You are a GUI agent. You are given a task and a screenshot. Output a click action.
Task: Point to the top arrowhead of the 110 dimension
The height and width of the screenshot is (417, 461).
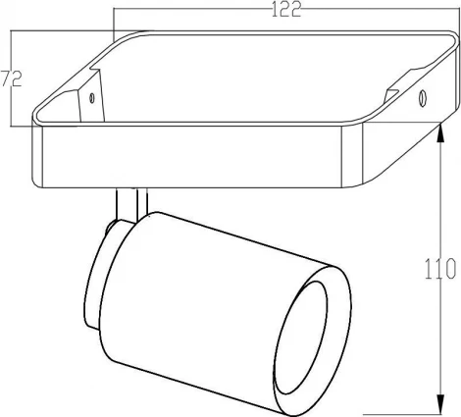436,138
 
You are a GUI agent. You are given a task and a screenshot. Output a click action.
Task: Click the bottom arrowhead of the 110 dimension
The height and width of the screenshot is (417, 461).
436,404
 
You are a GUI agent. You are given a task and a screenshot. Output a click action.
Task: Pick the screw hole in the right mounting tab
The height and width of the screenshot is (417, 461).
422,97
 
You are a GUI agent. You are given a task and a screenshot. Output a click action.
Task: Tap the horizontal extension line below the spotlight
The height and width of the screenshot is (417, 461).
392,411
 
